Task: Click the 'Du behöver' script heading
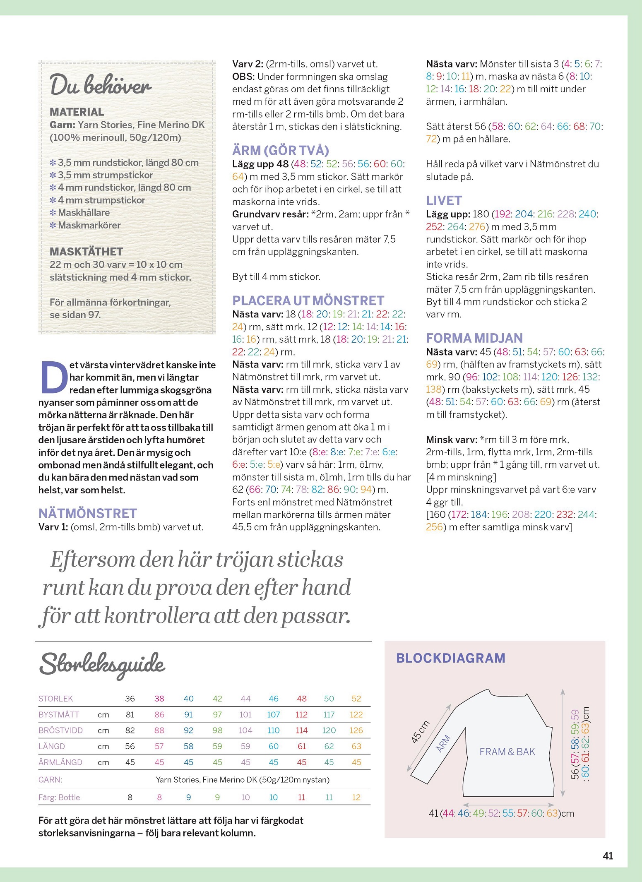(x=101, y=86)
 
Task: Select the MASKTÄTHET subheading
(x=86, y=252)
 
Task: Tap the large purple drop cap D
(x=54, y=377)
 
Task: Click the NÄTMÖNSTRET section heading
(x=87, y=513)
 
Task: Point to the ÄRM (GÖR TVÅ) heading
(x=280, y=150)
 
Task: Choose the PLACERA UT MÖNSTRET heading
(x=308, y=300)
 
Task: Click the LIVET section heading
(x=444, y=201)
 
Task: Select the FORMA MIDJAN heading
(x=474, y=338)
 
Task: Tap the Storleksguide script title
(x=102, y=664)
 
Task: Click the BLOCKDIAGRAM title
(x=451, y=658)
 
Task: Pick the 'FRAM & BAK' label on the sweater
(x=507, y=752)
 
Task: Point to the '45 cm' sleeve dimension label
(x=420, y=732)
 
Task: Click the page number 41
(x=608, y=856)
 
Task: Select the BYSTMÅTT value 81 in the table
(x=130, y=714)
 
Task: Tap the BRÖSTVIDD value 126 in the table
(x=356, y=730)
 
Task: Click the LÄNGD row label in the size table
(x=52, y=746)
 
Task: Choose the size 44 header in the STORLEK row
(x=245, y=699)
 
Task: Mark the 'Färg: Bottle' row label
(x=59, y=797)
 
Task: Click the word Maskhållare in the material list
(x=84, y=213)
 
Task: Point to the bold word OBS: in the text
(x=243, y=77)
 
